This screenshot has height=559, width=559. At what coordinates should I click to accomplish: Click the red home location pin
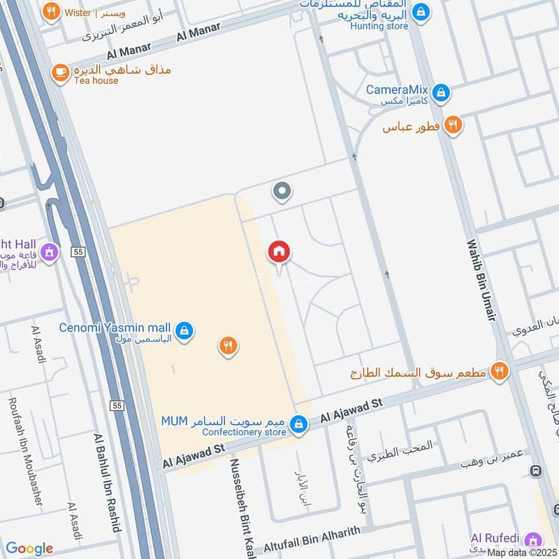coord(279,253)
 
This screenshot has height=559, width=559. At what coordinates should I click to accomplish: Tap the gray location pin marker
coord(282,191)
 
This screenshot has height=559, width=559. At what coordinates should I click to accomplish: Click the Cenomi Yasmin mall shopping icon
coord(184,329)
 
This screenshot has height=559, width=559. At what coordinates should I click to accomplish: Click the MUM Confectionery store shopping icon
coord(299,423)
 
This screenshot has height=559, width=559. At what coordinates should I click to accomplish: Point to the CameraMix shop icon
coord(440,92)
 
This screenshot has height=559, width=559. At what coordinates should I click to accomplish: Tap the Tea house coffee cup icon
coord(61,71)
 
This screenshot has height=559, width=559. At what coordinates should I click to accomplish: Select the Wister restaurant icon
coord(50,12)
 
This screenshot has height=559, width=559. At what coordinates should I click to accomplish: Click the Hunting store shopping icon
coord(421,12)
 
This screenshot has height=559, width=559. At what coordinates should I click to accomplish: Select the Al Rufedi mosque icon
coord(533,539)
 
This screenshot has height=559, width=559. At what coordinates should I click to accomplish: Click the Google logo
coord(29,549)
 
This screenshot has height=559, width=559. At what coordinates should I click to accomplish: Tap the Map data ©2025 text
coord(522,553)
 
